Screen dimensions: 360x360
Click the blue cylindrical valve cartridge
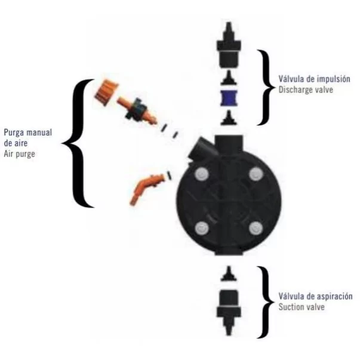click(x=229, y=98)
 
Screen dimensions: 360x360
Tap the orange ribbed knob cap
click(x=106, y=92)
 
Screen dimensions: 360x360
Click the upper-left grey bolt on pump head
click(x=202, y=174)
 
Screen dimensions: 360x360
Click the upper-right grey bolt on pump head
click(x=256, y=174)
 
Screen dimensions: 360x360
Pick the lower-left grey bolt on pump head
click(x=202, y=229)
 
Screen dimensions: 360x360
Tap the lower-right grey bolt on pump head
click(x=256, y=229)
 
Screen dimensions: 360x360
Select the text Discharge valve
click(x=306, y=90)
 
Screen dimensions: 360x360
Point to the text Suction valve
click(x=301, y=307)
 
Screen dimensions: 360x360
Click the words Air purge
click(x=20, y=154)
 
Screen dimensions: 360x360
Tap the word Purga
click(x=14, y=133)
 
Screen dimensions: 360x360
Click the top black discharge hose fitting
click(x=229, y=45)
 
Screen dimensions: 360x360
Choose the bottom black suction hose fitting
click(x=229, y=312)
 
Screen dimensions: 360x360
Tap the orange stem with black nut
click(x=138, y=110)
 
